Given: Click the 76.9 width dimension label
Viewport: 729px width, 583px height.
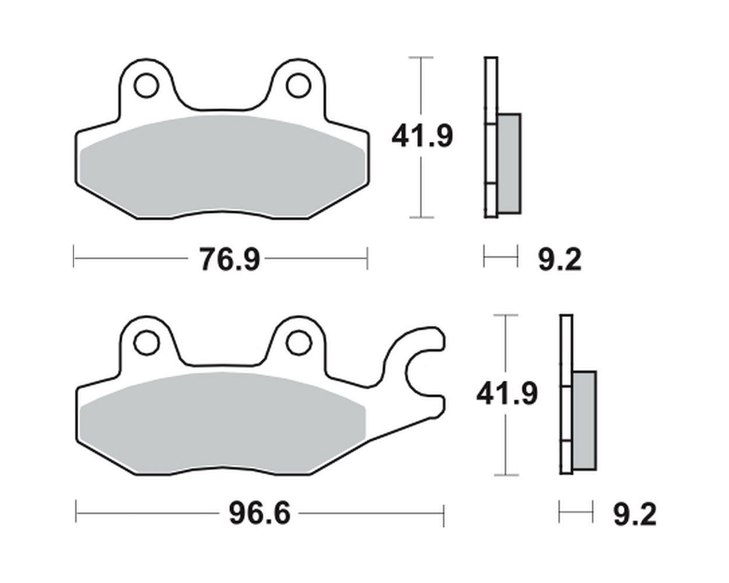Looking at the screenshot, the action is click(x=229, y=259).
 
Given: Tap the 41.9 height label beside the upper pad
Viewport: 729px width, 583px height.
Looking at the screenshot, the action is click(x=422, y=136).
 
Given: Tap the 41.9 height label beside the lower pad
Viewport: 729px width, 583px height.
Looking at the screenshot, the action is click(x=507, y=394).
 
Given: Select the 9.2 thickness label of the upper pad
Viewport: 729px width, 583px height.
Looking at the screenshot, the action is click(x=560, y=259).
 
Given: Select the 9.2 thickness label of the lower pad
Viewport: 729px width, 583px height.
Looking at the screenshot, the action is click(x=635, y=514).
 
